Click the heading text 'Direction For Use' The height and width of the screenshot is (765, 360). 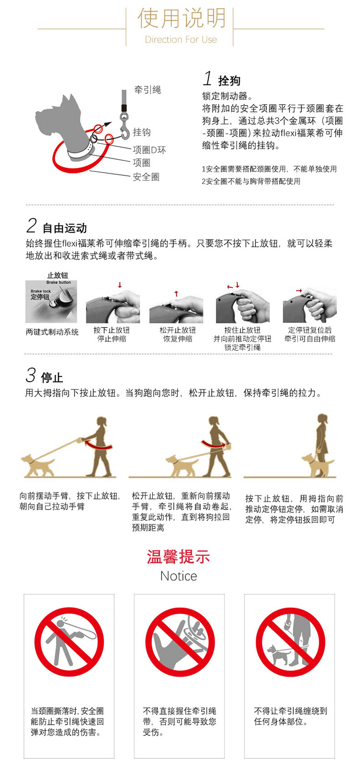(181, 39)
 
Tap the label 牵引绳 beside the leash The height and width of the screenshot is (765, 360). (147, 90)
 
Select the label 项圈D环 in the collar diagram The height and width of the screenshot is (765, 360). (149, 150)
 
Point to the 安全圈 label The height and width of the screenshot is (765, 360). (146, 177)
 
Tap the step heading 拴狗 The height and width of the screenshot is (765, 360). (229, 81)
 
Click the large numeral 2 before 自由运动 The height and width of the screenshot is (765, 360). (31, 225)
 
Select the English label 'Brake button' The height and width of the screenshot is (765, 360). (59, 282)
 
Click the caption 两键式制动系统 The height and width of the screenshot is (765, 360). (52, 332)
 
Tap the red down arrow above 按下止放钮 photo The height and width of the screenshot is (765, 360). (120, 285)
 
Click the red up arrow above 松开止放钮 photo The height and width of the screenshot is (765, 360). (177, 293)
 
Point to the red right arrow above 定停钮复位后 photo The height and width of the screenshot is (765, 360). (299, 291)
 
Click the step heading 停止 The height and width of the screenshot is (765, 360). (52, 378)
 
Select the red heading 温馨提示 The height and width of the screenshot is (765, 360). (179, 557)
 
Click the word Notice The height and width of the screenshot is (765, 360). (179, 576)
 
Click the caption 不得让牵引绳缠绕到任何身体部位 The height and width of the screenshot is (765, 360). (290, 716)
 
